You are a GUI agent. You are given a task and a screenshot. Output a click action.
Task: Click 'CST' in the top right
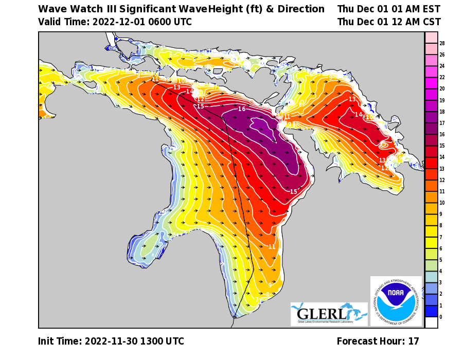[x=431, y=22]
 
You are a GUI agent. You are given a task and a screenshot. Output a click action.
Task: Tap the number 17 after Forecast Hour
[x=414, y=341]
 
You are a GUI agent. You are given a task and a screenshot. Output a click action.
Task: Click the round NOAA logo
[x=396, y=301]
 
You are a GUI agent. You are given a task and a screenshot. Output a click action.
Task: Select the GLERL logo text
[x=322, y=314]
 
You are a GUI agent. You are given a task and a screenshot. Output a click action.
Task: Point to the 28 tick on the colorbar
[x=442, y=43]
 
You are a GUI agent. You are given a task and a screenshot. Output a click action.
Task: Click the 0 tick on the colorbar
[x=441, y=317]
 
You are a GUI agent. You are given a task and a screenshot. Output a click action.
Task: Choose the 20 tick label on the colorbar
[x=442, y=89]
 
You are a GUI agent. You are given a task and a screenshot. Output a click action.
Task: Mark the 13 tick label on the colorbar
[x=442, y=169]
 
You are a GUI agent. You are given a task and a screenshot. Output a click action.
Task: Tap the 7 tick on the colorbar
[x=441, y=237]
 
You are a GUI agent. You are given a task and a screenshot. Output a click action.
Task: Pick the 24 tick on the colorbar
[x=442, y=66]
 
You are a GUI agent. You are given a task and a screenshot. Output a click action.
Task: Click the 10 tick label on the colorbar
[x=442, y=203]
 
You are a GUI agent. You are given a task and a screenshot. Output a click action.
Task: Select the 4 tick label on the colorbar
[x=441, y=271]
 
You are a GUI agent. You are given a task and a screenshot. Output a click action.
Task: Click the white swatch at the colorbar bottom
[x=431, y=322]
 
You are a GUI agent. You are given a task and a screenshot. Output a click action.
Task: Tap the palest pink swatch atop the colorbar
[x=431, y=38]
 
